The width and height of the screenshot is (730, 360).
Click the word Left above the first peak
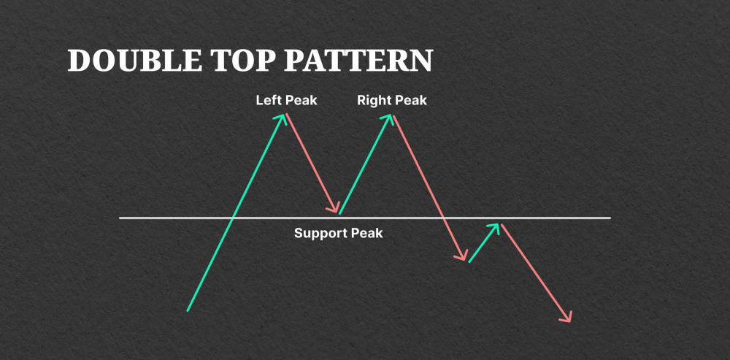coord(268,100)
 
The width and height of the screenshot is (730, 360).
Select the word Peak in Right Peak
coord(410,100)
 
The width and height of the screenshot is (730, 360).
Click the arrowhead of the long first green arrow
coord(283,117)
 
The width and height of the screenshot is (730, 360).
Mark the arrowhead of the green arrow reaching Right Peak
coord(391,117)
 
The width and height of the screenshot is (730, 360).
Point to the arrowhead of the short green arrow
coord(497,226)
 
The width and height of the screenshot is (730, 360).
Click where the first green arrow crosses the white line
coord(231,218)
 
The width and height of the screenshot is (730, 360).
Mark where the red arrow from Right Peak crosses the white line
coord(443,218)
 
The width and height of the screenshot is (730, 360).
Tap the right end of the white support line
coord(609,218)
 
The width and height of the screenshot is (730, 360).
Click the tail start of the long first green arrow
coord(188,310)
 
